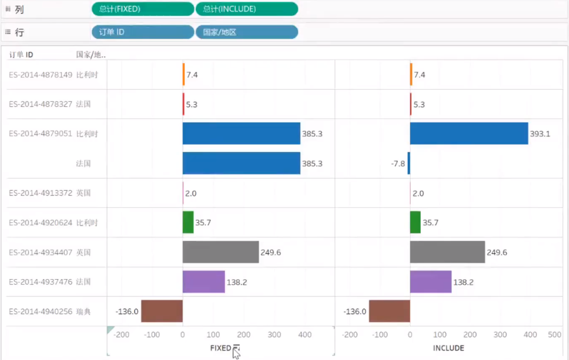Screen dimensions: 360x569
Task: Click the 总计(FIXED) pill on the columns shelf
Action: point(142,9)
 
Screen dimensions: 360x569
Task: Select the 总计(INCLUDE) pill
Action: point(246,9)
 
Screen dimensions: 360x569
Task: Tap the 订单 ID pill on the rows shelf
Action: point(142,32)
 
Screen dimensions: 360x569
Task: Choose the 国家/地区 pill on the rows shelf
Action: point(246,32)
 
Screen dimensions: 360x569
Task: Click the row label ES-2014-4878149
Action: point(41,75)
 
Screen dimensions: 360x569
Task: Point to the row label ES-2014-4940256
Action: point(41,311)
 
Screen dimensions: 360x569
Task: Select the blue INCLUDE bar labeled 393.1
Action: point(469,133)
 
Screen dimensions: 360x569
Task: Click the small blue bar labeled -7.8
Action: point(409,163)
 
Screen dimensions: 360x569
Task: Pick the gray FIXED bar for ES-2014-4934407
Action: point(220,252)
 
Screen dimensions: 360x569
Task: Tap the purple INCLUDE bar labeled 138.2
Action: point(430,281)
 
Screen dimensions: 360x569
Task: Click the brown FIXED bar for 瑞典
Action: point(162,311)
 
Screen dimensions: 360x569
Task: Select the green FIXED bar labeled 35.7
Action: point(188,222)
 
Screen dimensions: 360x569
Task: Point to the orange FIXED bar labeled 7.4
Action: point(184,74)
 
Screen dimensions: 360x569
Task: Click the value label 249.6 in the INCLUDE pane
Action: point(496,252)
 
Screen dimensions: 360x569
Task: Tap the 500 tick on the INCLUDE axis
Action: point(554,335)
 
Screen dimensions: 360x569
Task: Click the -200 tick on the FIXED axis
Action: point(121,335)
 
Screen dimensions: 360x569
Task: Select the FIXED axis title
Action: point(220,348)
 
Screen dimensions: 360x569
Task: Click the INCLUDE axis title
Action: point(449,348)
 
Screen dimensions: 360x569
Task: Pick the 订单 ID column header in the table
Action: point(21,55)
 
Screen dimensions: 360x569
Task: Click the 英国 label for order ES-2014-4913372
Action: point(84,193)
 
